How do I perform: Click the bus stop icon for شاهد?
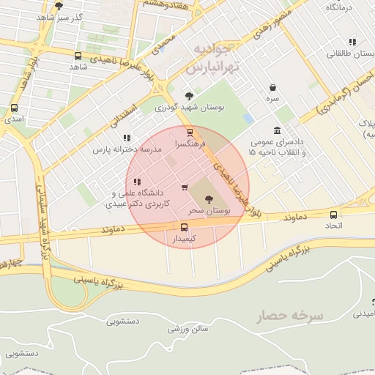(x=78, y=56)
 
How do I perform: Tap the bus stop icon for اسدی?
(x=14, y=107)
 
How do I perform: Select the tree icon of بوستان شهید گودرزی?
(x=190, y=96)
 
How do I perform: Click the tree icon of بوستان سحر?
(x=209, y=198)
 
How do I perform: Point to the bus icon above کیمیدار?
(x=184, y=227)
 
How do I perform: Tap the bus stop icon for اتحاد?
(x=334, y=215)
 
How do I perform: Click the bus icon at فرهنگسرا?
(x=190, y=133)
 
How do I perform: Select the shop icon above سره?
(x=272, y=86)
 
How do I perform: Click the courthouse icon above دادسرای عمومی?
(x=277, y=130)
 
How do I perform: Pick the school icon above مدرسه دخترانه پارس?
(x=127, y=137)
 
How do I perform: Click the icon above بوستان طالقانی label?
(x=352, y=42)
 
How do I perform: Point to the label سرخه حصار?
(x=290, y=316)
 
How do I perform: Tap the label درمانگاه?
(x=339, y=7)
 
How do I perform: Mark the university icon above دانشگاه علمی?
(x=137, y=182)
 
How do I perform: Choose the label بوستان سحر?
(x=209, y=210)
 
